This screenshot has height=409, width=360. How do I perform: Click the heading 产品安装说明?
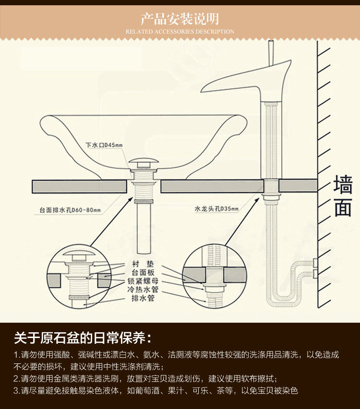(180, 19)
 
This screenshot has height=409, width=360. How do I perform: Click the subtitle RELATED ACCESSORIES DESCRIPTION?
(180, 32)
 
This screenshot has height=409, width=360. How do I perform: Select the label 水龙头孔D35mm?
(216, 209)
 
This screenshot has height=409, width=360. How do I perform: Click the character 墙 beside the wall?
(343, 185)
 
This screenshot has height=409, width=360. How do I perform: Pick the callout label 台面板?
(143, 273)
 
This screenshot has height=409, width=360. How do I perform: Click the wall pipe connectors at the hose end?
(315, 268)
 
